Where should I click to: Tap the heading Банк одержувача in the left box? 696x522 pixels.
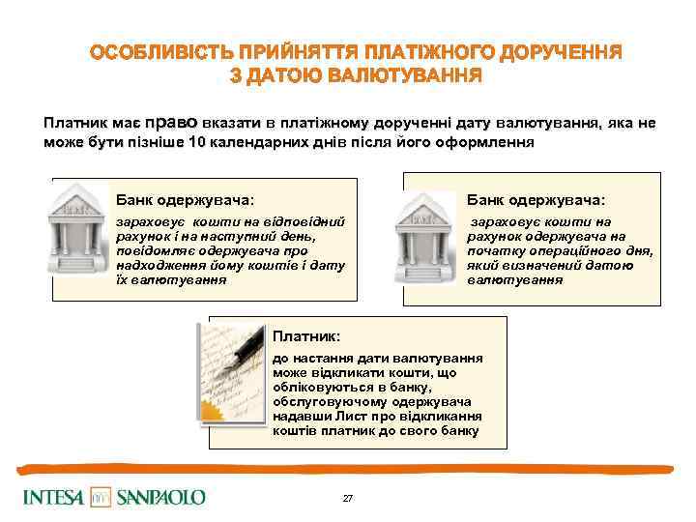point(185,200)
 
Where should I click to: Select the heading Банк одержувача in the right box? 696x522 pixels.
point(536,200)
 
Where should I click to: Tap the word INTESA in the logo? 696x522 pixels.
point(53,498)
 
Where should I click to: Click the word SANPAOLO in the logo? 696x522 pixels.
point(161,498)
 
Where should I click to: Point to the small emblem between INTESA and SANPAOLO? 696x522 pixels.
point(101,498)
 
